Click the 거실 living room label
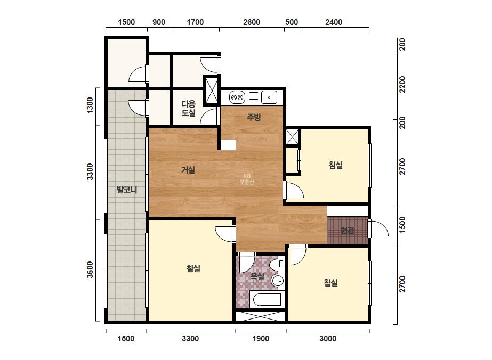click(x=188, y=170)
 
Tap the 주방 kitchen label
click(x=254, y=117)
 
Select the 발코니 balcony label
click(x=127, y=190)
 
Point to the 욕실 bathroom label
click(x=257, y=276)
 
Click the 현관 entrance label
click(x=348, y=231)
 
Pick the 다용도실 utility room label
click(x=189, y=108)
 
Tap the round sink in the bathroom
click(x=278, y=280)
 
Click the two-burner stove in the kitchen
click(x=237, y=97)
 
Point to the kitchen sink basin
click(x=269, y=97)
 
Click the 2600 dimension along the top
click(x=252, y=22)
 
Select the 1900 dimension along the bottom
click(x=261, y=339)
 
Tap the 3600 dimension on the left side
click(x=90, y=269)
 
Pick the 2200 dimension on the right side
click(x=402, y=84)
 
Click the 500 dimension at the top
click(x=292, y=22)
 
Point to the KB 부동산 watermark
click(x=247, y=179)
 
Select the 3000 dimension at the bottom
click(x=328, y=339)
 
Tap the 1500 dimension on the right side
click(x=402, y=225)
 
